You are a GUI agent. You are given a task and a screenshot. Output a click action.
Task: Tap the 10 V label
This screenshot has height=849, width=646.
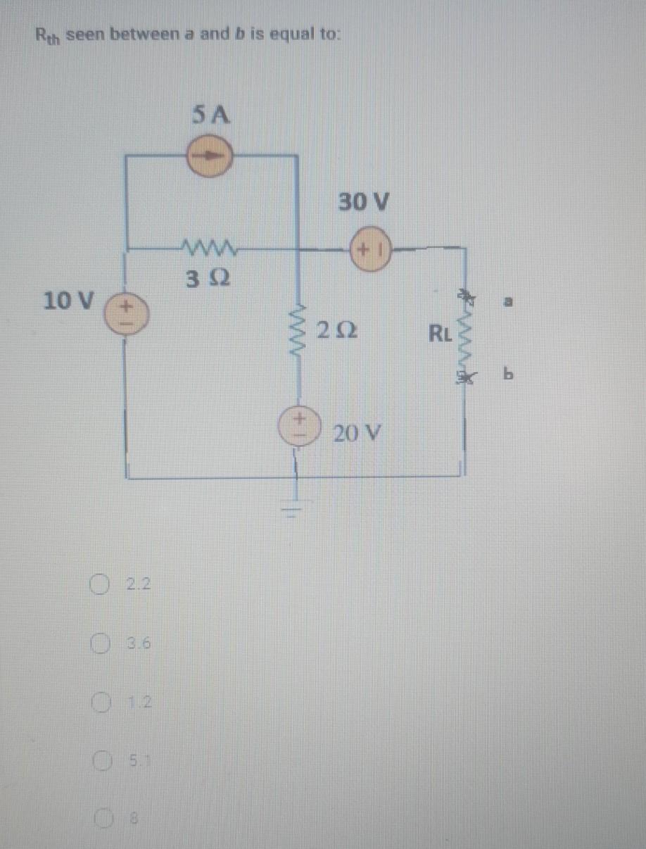[x=68, y=301]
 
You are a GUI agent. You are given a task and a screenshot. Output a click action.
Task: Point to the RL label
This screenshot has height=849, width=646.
[x=442, y=330]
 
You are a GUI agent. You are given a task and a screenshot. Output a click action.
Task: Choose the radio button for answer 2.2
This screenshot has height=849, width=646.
[x=99, y=584]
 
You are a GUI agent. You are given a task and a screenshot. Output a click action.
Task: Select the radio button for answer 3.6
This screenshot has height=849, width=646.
[x=99, y=642]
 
